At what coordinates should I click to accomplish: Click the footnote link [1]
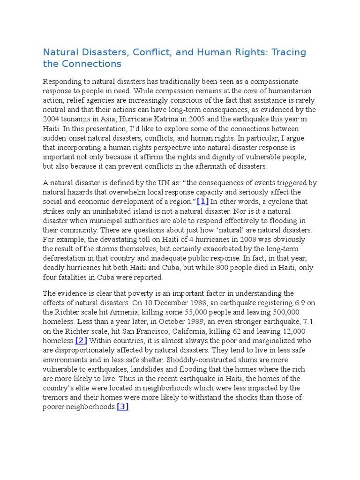202,202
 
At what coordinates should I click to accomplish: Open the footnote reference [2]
81,341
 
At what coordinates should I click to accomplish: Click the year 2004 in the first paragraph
51,119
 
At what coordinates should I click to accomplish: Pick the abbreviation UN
146,183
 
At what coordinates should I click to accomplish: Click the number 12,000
299,331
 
